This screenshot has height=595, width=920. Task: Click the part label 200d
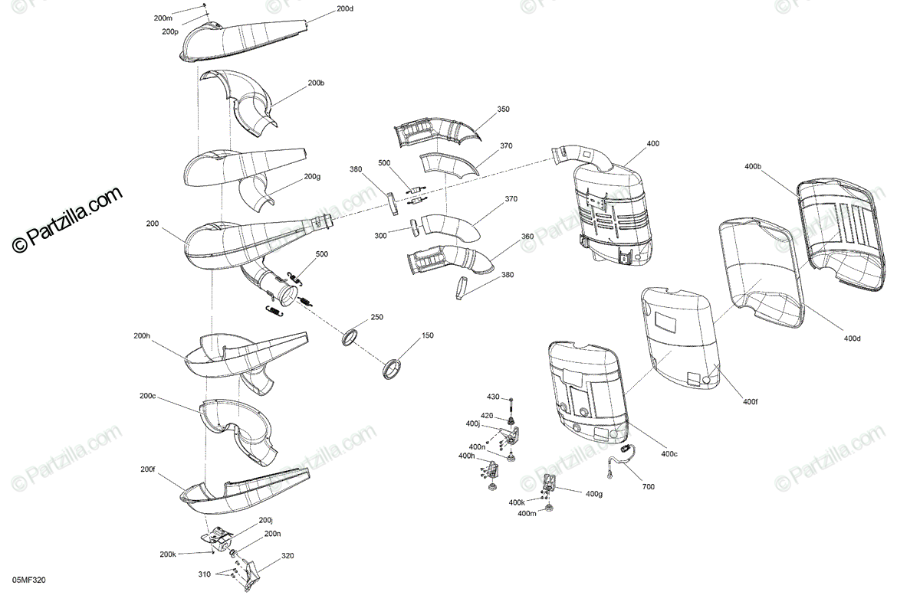click(x=345, y=8)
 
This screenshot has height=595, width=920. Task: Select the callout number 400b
click(x=753, y=166)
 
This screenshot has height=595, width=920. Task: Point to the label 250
click(x=376, y=316)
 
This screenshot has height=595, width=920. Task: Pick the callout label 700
click(x=649, y=485)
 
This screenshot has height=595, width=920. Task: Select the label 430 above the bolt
click(x=493, y=397)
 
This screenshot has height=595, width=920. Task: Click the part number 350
click(x=503, y=110)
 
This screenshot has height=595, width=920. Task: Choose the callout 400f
click(x=751, y=401)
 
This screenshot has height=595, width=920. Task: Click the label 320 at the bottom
click(x=287, y=555)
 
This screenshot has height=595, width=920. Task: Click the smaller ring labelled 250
click(x=351, y=337)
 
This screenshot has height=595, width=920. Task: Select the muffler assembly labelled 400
click(x=613, y=214)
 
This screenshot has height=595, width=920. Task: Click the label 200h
click(x=142, y=335)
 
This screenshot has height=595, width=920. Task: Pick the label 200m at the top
click(x=163, y=17)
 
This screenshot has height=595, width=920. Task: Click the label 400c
click(x=669, y=453)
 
